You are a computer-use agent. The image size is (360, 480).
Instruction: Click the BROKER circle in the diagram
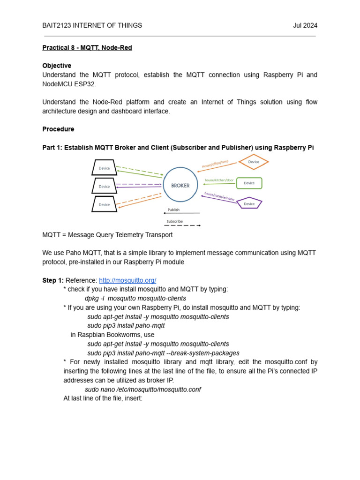[180, 185]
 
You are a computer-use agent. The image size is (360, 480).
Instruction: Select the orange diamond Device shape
[254, 162]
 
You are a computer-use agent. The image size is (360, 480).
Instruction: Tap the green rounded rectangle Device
[249, 183]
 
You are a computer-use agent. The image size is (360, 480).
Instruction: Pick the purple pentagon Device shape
[249, 203]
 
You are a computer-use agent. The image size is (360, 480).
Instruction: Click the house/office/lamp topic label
[215, 164]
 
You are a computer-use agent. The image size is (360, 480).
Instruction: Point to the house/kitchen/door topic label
[219, 180]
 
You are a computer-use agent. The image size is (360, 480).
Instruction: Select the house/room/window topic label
[219, 196]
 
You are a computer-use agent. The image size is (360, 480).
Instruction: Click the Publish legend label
[173, 210]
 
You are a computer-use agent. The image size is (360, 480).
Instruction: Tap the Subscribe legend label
[174, 221]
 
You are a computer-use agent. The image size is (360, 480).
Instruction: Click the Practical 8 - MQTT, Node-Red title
[87, 48]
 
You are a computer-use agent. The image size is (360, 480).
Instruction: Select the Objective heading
[57, 66]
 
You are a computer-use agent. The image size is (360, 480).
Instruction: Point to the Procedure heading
[58, 129]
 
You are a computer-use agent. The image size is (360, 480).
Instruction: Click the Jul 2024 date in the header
[305, 25]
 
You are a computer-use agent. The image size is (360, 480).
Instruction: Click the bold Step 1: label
[52, 280]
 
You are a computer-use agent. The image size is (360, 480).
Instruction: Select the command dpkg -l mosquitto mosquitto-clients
[135, 299]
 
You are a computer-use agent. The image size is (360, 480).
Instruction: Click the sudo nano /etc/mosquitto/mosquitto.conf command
[142, 390]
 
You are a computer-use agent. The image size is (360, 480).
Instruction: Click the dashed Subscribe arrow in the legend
[182, 225]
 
